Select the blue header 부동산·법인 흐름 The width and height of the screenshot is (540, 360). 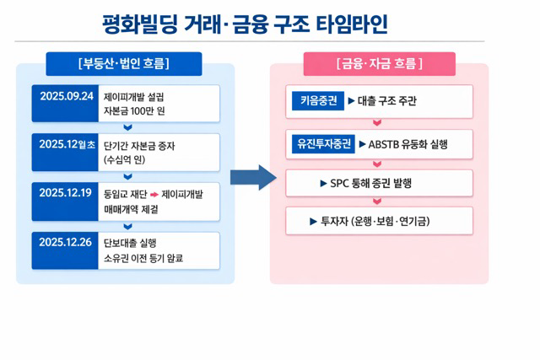pos(124,64)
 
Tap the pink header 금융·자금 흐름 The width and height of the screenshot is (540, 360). pos(379,64)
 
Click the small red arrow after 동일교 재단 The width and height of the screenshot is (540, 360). pos(154,193)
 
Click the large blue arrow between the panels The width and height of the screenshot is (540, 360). pos(253,177)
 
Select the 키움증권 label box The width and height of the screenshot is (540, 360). pos(311,101)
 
